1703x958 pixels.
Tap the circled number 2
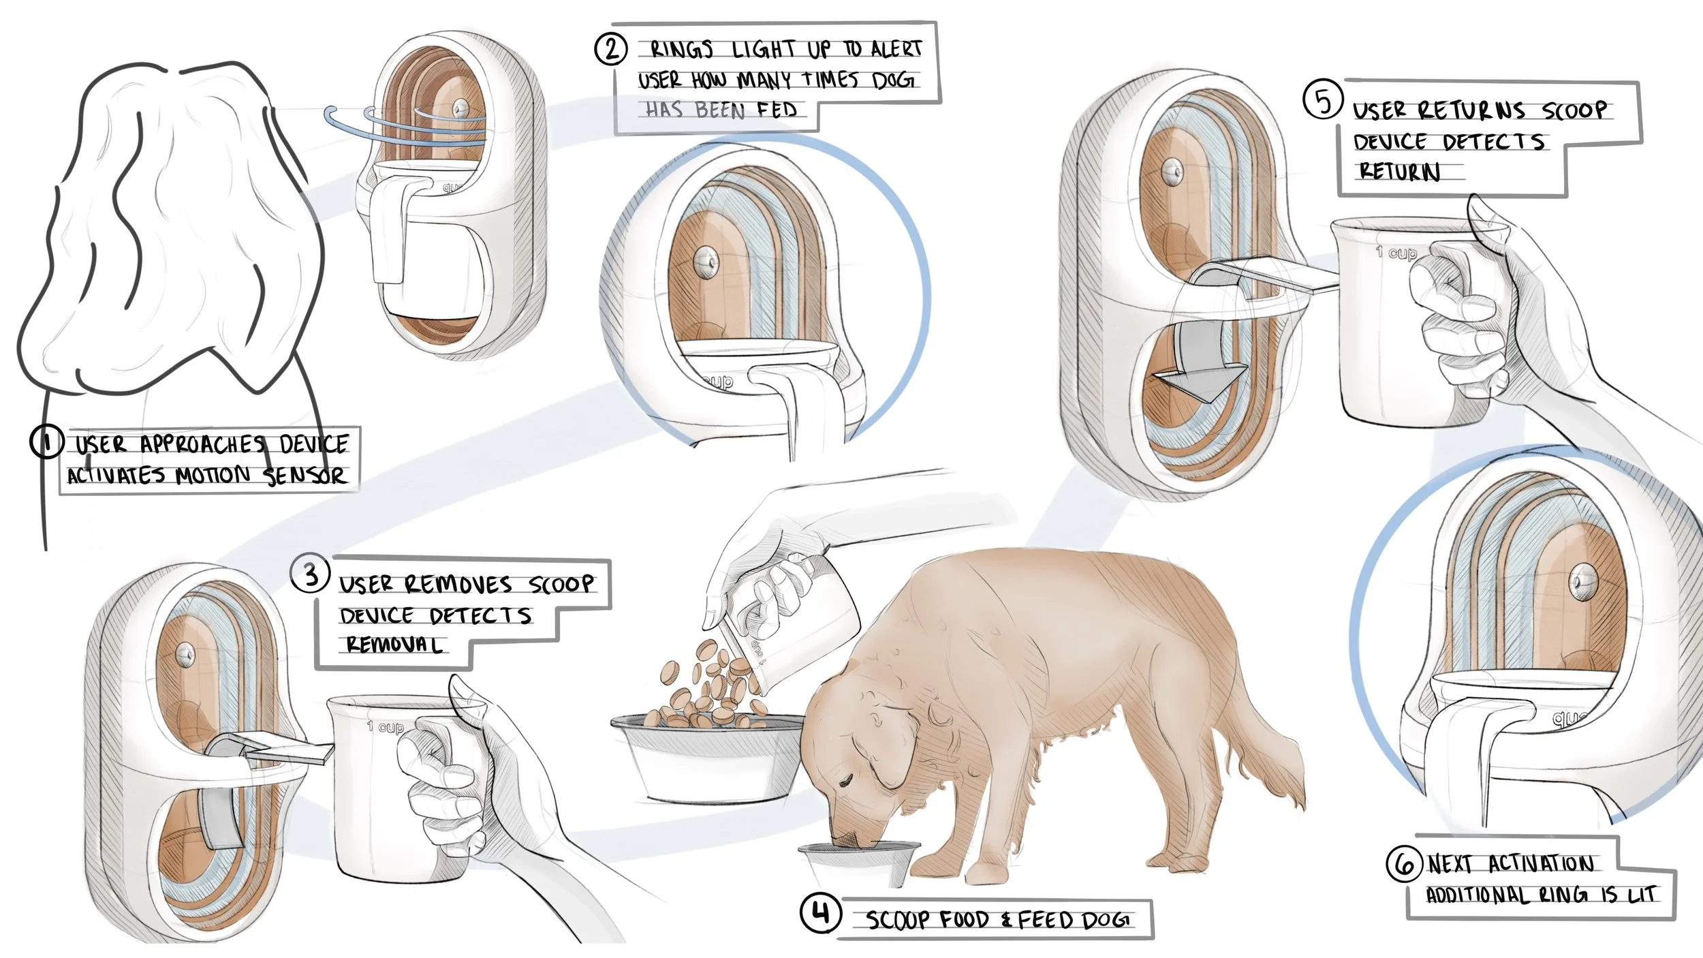click(611, 49)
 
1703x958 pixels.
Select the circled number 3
click(311, 573)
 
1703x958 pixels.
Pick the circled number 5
click(1323, 100)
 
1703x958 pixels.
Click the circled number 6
click(1404, 863)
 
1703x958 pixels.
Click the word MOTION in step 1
click(213, 475)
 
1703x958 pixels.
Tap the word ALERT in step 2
click(896, 49)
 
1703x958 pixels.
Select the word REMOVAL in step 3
click(394, 644)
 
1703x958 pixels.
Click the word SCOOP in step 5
click(1574, 110)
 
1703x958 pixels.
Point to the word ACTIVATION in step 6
click(1541, 864)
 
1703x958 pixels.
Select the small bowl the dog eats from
click(860, 863)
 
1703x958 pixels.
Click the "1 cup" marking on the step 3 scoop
click(385, 727)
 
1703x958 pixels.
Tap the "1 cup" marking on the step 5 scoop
click(1396, 253)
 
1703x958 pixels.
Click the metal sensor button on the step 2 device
click(706, 260)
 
